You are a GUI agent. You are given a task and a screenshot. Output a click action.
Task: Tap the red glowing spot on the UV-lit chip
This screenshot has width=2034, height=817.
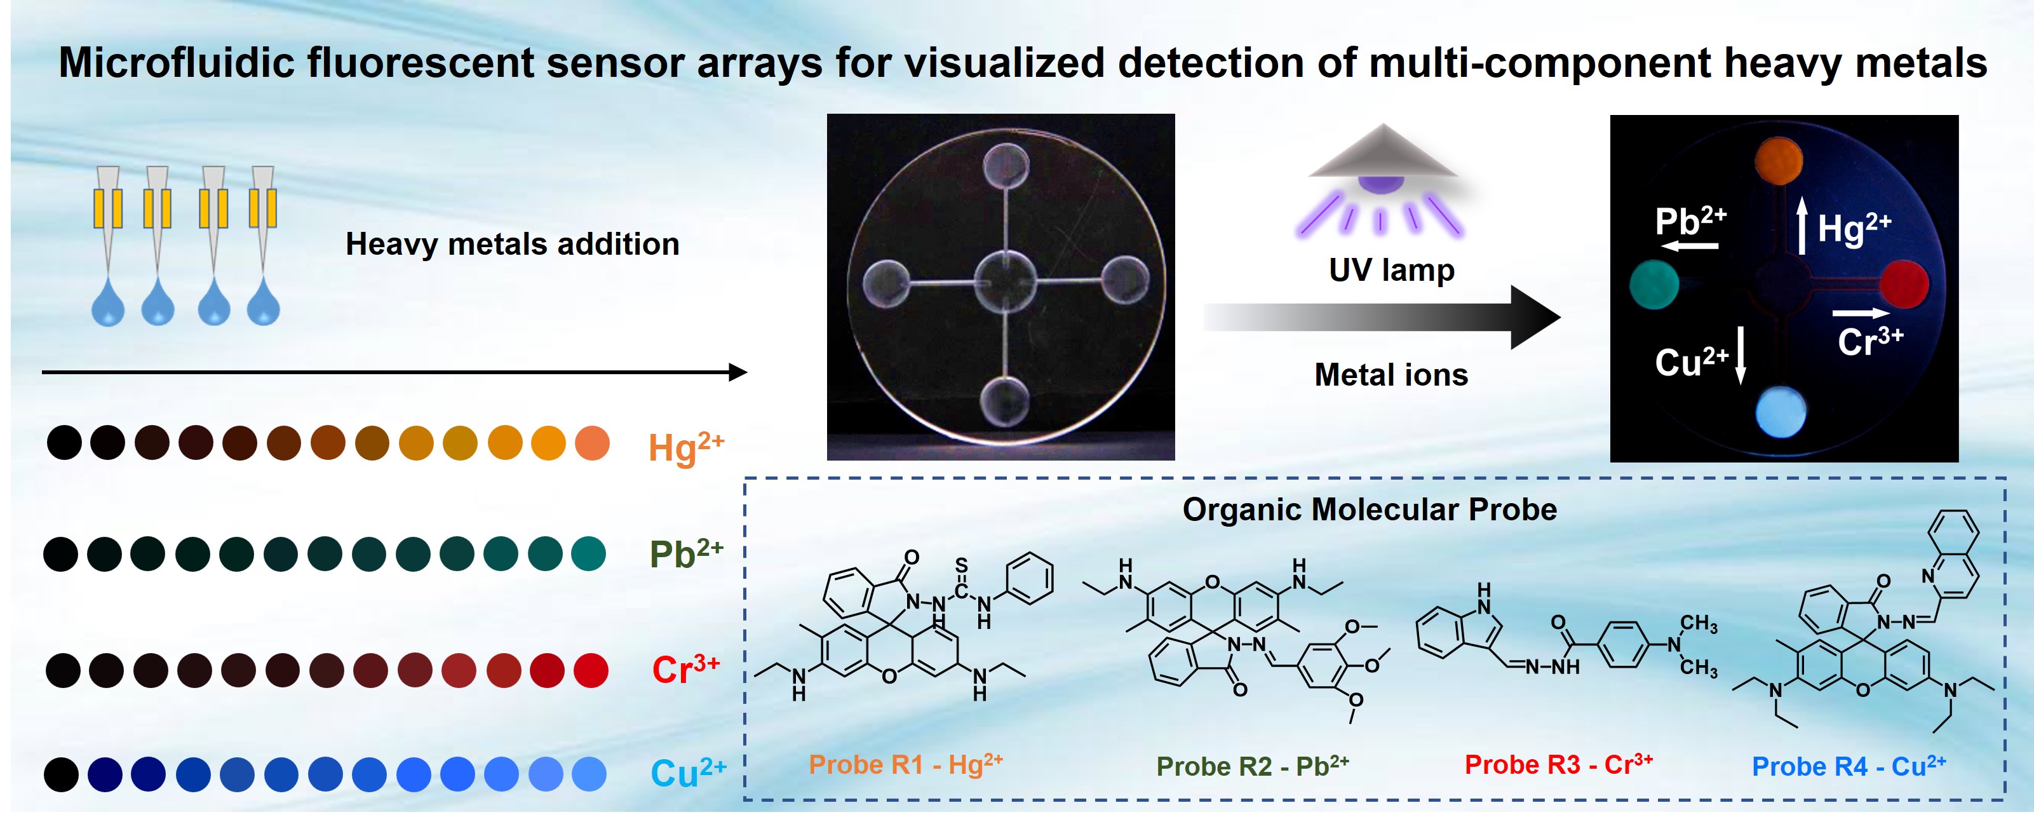pyautogui.click(x=1904, y=284)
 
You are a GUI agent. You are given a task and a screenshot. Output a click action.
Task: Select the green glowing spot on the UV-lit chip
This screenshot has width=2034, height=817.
pyautogui.click(x=1653, y=284)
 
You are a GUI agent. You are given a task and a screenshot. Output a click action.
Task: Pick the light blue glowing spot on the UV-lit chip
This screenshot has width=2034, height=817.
pyautogui.click(x=1781, y=411)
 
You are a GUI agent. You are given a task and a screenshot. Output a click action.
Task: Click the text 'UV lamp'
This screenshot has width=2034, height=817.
pyautogui.click(x=1391, y=270)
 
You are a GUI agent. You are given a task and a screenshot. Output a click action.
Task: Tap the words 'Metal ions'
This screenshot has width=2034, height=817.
pyautogui.click(x=1391, y=374)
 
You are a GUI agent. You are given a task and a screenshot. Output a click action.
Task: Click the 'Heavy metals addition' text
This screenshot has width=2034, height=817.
pyautogui.click(x=513, y=244)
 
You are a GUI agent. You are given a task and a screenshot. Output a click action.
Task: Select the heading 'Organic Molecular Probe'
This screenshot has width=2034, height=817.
pyautogui.click(x=1369, y=509)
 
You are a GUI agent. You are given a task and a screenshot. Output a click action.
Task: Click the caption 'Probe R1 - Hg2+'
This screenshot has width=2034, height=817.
pyautogui.click(x=906, y=764)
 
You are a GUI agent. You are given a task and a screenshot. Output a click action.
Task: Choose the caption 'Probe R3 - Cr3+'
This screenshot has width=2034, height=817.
pyautogui.click(x=1558, y=764)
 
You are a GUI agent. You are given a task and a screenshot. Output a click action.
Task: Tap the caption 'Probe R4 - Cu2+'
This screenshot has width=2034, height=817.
pyautogui.click(x=1849, y=766)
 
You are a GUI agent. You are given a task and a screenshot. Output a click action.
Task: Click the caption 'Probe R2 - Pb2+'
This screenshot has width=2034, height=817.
pyautogui.click(x=1252, y=766)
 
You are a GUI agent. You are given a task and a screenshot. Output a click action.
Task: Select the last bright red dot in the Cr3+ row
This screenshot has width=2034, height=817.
pyautogui.click(x=591, y=671)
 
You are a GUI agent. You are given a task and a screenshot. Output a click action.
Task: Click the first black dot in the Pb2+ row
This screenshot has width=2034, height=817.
pyautogui.click(x=61, y=554)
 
